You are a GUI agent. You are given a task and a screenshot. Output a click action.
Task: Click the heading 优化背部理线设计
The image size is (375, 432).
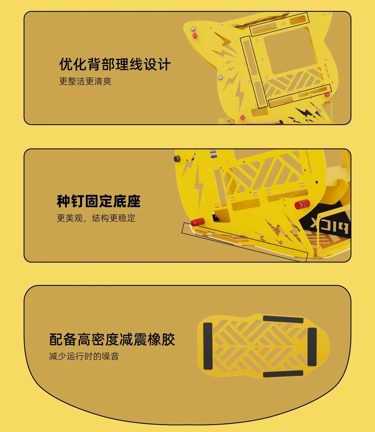[x=115, y=64]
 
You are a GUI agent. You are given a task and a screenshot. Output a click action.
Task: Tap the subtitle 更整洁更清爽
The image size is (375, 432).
[x=85, y=81]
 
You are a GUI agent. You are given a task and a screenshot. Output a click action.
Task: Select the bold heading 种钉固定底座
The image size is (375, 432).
[x=99, y=201]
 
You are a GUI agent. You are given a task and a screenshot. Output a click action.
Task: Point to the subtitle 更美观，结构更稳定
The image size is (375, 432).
[x=96, y=218]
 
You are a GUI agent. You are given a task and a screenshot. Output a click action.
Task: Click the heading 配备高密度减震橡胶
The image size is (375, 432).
[x=112, y=339]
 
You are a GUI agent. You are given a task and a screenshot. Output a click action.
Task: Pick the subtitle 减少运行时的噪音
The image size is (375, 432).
[x=84, y=356]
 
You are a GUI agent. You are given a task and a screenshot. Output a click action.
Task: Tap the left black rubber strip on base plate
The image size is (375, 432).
[x=208, y=346]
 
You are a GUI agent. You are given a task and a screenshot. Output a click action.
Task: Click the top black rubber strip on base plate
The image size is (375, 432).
[x=283, y=319]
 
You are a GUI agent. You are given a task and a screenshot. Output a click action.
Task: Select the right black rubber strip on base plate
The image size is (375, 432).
[x=312, y=347]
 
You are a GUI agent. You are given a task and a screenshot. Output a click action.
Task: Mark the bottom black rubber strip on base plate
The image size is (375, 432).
[x=283, y=373]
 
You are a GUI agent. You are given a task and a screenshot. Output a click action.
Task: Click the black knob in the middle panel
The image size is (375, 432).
[x=177, y=159]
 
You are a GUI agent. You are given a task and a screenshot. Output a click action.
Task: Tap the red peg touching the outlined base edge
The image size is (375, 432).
[x=197, y=222]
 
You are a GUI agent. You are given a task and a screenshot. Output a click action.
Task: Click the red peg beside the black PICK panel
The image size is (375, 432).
[x=302, y=204]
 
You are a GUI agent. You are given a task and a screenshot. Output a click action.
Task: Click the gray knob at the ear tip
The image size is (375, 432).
[x=193, y=29]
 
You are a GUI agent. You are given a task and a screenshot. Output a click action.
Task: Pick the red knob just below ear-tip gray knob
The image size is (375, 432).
[x=195, y=35]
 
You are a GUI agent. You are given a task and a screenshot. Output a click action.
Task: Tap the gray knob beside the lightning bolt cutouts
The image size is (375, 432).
[x=220, y=78]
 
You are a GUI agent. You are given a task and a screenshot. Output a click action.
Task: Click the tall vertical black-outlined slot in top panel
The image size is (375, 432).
[x=254, y=72]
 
